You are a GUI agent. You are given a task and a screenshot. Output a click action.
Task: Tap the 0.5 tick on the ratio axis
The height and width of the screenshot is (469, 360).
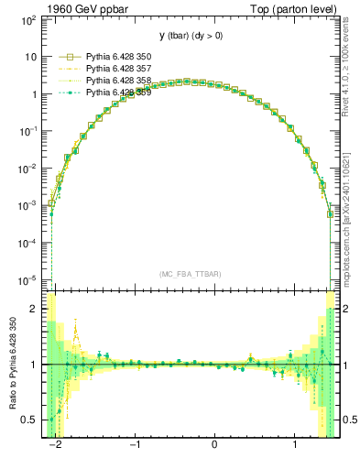pos(33,420)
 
